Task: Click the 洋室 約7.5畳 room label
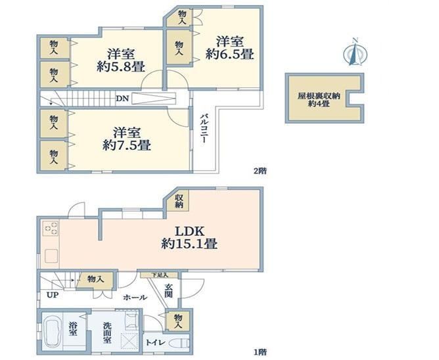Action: (x=127, y=139)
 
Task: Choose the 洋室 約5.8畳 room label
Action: (x=122, y=60)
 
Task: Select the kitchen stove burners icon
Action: (x=51, y=229)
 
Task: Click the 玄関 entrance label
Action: (x=170, y=291)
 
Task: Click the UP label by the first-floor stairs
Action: (x=52, y=295)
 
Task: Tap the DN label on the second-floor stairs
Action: (x=122, y=99)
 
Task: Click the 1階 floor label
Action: (x=260, y=351)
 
